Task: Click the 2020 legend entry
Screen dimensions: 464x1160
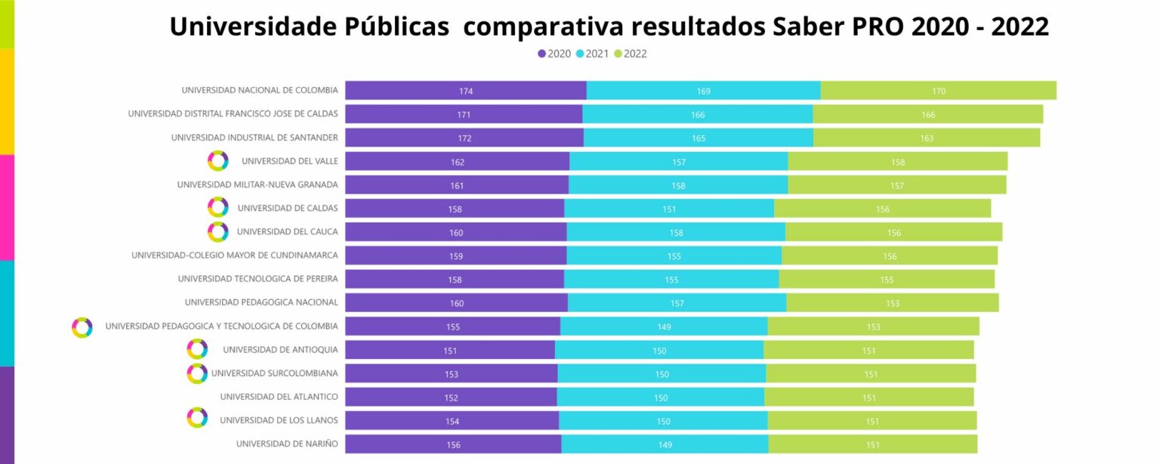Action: point(554,54)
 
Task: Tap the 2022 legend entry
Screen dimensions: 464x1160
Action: point(630,54)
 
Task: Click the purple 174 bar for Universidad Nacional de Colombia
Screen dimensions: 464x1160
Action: point(466,91)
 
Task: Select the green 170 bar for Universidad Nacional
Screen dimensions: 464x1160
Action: point(938,91)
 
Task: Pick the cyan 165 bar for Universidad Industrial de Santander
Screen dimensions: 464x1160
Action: point(698,138)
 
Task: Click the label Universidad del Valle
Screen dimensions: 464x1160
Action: point(289,161)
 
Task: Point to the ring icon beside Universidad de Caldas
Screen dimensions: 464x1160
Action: point(217,208)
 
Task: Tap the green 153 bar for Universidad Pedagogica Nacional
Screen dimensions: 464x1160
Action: point(892,303)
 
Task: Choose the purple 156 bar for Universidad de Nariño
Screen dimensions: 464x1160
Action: point(453,444)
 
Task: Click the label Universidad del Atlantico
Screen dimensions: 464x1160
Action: point(279,397)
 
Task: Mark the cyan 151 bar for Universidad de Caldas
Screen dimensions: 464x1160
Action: point(668,209)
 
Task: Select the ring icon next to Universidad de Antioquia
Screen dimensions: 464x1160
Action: point(197,349)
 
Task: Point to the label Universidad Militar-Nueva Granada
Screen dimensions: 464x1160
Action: point(258,184)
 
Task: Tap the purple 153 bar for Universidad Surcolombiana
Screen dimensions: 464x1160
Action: point(452,373)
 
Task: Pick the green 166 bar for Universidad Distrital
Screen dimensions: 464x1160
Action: point(927,114)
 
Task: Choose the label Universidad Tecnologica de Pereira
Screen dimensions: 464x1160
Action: point(258,279)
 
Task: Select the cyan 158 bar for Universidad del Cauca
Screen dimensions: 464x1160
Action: point(676,232)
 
